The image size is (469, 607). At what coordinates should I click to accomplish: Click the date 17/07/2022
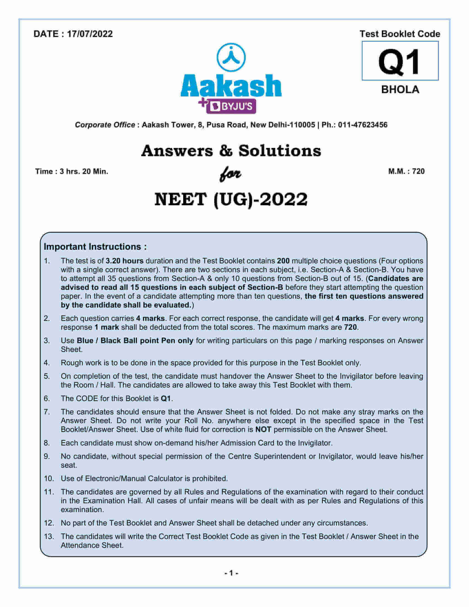click(90, 34)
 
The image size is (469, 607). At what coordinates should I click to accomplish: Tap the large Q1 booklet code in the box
click(399, 62)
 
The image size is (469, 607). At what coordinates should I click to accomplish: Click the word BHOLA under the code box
click(400, 89)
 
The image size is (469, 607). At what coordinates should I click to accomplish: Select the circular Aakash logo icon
click(231, 58)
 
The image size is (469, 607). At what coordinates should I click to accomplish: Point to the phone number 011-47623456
click(363, 125)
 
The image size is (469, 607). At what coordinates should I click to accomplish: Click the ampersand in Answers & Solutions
click(225, 151)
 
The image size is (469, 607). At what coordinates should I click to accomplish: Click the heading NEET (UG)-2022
click(231, 199)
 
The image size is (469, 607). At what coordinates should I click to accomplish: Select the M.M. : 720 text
click(406, 171)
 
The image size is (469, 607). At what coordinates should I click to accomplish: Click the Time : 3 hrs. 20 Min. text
click(71, 172)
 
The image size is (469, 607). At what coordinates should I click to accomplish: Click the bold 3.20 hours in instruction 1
click(124, 261)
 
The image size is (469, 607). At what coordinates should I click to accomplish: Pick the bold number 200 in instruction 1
click(283, 261)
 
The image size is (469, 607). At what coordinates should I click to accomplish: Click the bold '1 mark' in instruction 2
click(107, 327)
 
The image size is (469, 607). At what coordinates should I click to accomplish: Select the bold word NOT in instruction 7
click(263, 429)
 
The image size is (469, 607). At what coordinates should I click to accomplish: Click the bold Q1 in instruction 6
click(166, 399)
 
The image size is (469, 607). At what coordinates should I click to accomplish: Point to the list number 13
click(49, 536)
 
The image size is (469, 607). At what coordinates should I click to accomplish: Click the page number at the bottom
click(231, 573)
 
